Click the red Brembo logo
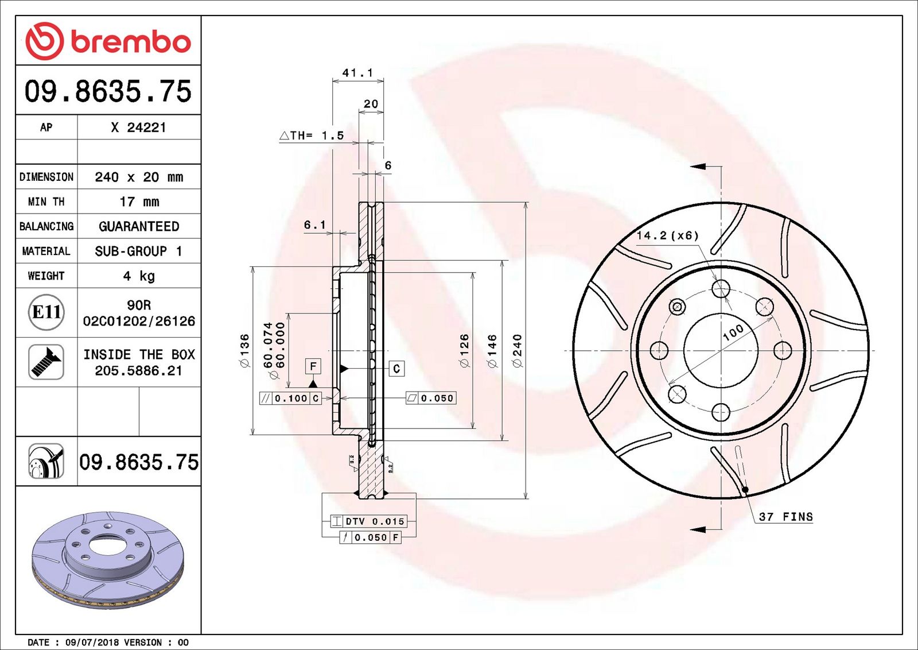(108, 41)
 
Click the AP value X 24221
(138, 127)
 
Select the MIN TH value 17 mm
(139, 202)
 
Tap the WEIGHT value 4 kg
(139, 276)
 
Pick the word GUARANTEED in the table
(139, 226)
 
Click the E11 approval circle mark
(46, 312)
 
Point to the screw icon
(46, 362)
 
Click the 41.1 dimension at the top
(357, 72)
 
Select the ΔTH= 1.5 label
(312, 136)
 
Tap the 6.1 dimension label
(315, 225)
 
